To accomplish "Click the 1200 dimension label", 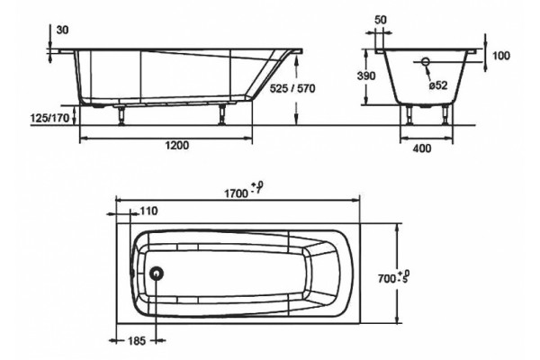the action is click(177, 146).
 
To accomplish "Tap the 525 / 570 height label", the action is click(292, 88).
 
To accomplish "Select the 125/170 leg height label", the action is click(50, 119).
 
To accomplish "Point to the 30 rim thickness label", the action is click(62, 31).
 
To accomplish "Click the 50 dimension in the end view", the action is click(380, 20).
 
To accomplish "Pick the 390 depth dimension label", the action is click(366, 76).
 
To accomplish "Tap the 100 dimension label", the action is click(500, 56).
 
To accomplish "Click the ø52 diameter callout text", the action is click(438, 85).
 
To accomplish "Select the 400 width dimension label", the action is click(421, 148).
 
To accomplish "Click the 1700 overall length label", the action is click(236, 193).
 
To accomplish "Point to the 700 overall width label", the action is click(387, 278).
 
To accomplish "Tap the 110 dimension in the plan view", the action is click(148, 211).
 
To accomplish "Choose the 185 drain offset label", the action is click(137, 341).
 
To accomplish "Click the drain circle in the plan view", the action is click(157, 274).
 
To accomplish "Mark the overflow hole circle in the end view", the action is click(426, 62).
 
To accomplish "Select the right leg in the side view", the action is click(222, 114).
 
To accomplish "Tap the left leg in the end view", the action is click(409, 115).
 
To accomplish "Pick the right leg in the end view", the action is click(445, 115).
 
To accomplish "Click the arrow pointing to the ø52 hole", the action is click(429, 72).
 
